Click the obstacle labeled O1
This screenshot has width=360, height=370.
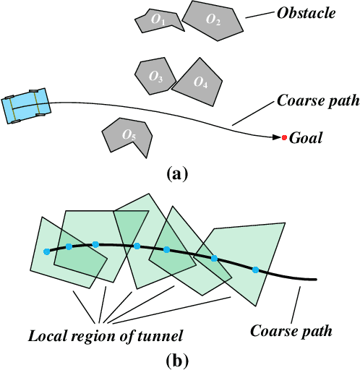point(156,22)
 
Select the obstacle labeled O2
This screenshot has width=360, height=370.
point(213,20)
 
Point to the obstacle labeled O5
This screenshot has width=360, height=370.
point(128,135)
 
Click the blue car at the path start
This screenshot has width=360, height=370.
point(26,106)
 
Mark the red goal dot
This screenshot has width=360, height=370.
point(285,137)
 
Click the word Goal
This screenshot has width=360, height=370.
point(306,138)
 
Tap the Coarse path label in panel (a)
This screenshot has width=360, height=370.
point(318,101)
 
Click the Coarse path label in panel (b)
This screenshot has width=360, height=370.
point(291,332)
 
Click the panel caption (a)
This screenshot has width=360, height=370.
point(176,173)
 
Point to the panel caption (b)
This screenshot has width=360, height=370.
point(176,359)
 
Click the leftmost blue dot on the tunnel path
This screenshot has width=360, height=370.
point(47,251)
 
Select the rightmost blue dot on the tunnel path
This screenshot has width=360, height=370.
point(255,270)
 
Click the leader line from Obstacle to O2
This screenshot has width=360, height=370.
point(259,14)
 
